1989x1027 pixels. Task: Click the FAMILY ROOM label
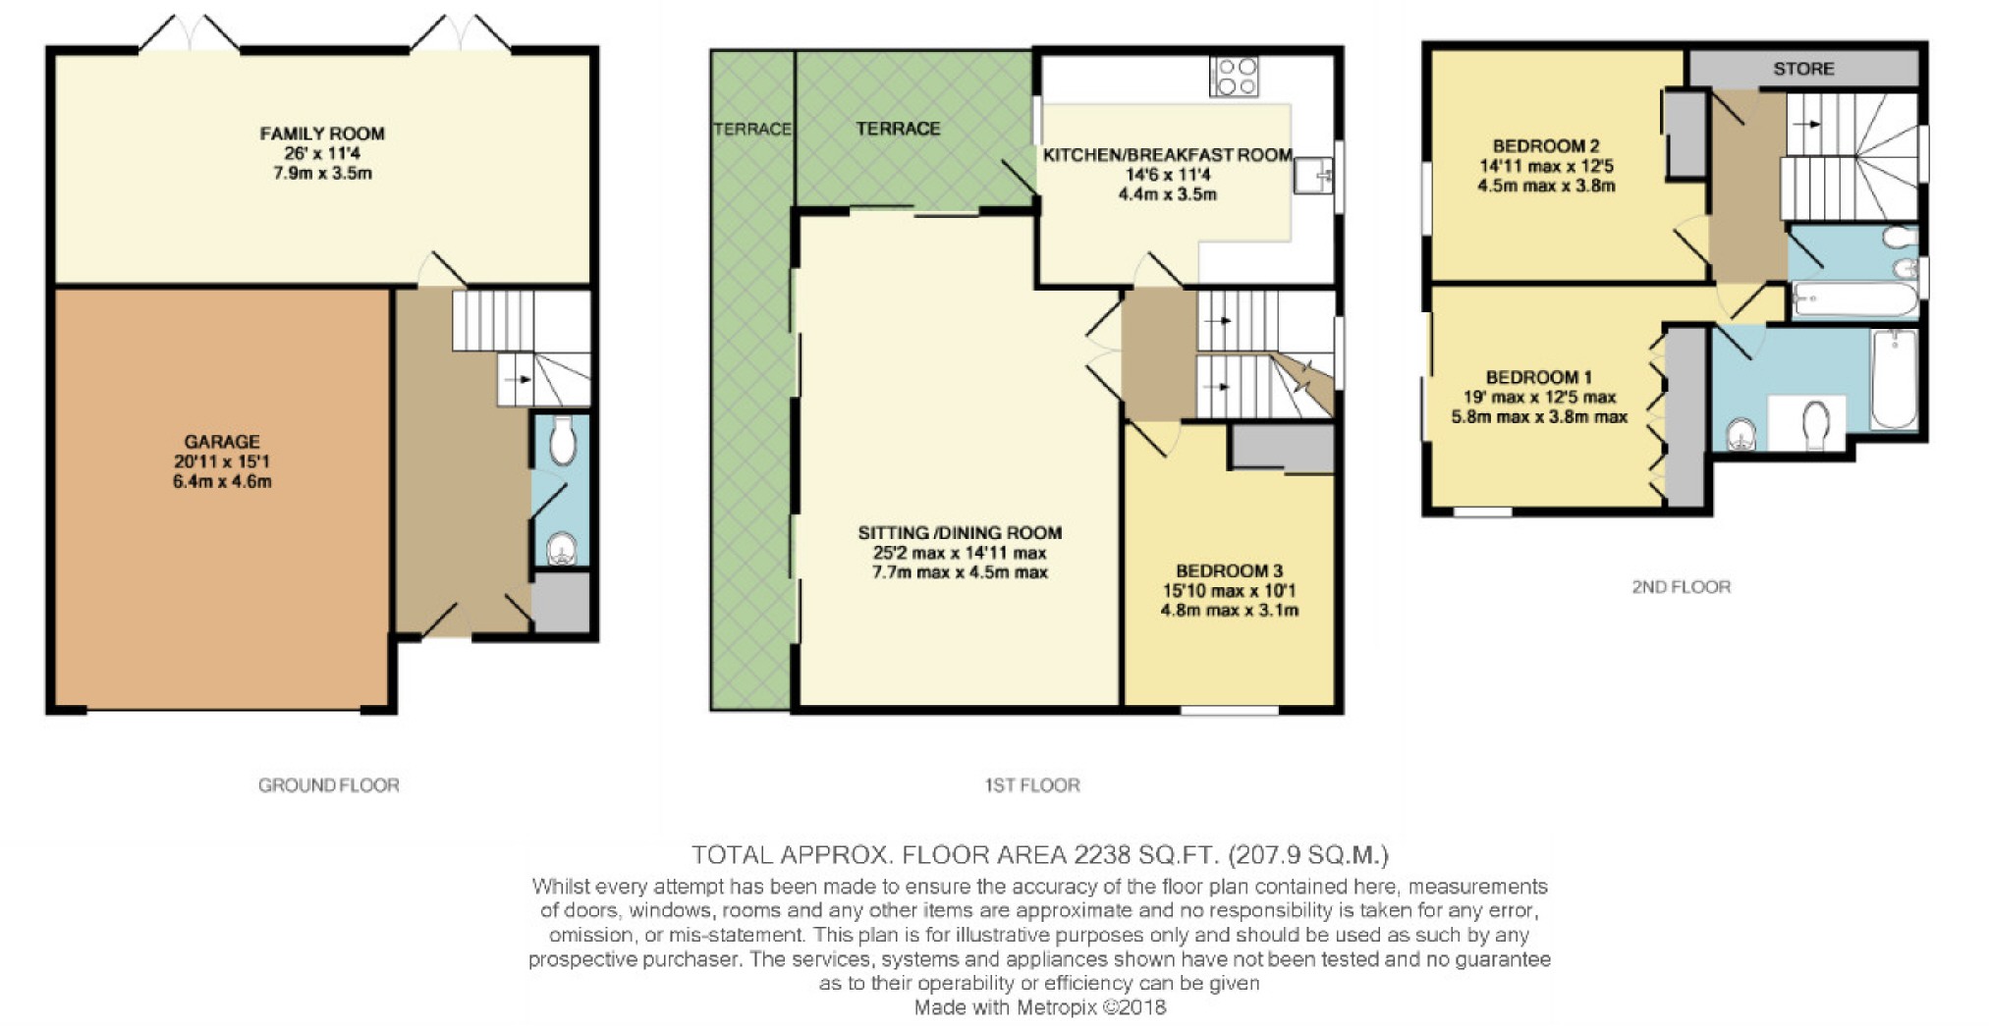pyautogui.click(x=321, y=134)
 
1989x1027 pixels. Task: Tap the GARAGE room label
pyautogui.click(x=222, y=442)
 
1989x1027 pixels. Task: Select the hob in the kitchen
pyautogui.click(x=1234, y=77)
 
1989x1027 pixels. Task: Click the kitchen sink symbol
pyautogui.click(x=1311, y=177)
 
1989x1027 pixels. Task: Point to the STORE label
pyautogui.click(x=1803, y=69)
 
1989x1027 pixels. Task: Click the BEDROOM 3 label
pyautogui.click(x=1229, y=571)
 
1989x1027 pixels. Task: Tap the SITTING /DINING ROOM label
pyautogui.click(x=960, y=533)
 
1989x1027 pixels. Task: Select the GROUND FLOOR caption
pyautogui.click(x=328, y=785)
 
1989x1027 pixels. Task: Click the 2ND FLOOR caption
pyautogui.click(x=1681, y=587)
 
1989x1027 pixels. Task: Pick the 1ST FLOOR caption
pyautogui.click(x=1031, y=785)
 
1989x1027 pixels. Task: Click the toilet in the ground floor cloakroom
pyautogui.click(x=562, y=441)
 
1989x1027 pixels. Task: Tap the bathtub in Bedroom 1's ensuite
pyautogui.click(x=1893, y=379)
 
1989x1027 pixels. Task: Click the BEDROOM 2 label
pyautogui.click(x=1545, y=146)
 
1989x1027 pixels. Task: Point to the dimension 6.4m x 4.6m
pyautogui.click(x=222, y=482)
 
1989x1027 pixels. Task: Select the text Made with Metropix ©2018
pyautogui.click(x=1039, y=1007)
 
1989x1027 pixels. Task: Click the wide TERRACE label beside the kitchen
pyautogui.click(x=897, y=129)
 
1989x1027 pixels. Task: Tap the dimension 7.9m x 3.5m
pyautogui.click(x=321, y=174)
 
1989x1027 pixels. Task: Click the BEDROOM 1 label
pyautogui.click(x=1538, y=377)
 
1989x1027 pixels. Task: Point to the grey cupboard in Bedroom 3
pyautogui.click(x=1280, y=448)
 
